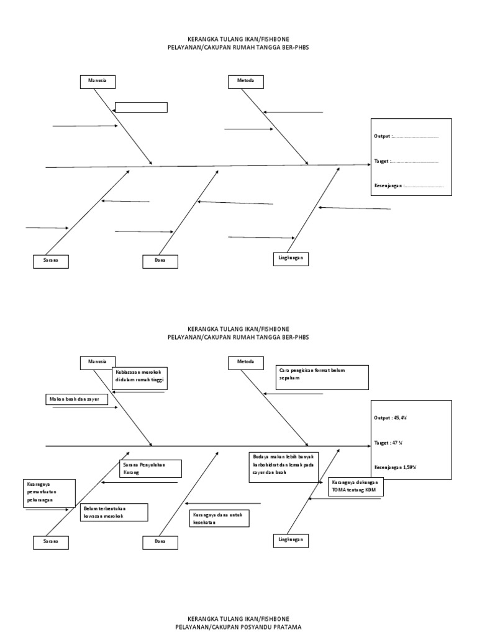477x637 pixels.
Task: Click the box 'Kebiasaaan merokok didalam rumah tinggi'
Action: [x=141, y=378]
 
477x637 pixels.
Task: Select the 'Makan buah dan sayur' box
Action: [x=76, y=399]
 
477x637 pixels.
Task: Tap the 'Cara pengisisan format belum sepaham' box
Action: [x=322, y=376]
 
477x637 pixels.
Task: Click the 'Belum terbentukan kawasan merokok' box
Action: [x=114, y=512]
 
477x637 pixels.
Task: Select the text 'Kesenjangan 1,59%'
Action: [x=395, y=467]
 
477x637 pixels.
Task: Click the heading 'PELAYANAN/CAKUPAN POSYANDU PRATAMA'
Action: [x=238, y=628]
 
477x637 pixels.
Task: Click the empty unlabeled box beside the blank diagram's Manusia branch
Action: [x=142, y=108]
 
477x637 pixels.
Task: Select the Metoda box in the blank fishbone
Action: [x=246, y=81]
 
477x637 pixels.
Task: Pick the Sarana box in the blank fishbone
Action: [x=51, y=261]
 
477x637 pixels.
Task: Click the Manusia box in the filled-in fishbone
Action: [x=98, y=362]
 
